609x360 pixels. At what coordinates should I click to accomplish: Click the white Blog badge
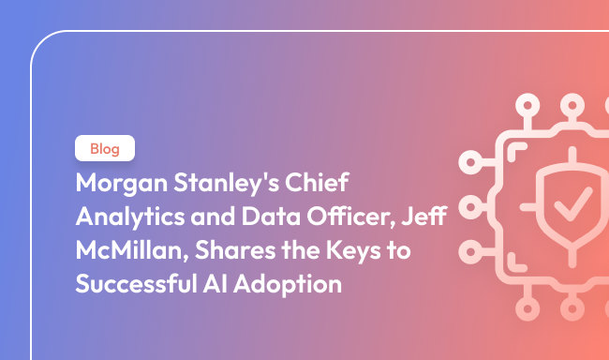(x=105, y=149)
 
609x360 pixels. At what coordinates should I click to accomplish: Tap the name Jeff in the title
(x=424, y=216)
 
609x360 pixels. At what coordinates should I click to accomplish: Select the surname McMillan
(x=119, y=250)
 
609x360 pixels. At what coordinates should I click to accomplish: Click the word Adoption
(x=289, y=284)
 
